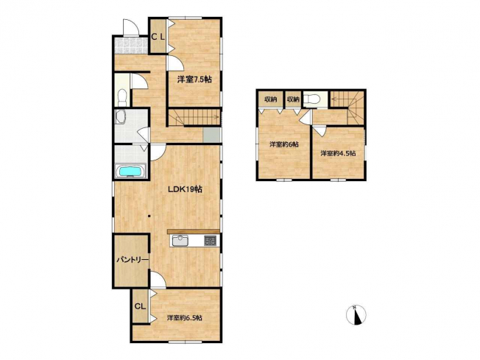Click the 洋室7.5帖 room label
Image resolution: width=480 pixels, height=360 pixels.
[x=194, y=80]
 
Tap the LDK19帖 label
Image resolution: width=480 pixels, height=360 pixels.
[x=185, y=189]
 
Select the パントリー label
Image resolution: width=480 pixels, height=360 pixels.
[x=133, y=260]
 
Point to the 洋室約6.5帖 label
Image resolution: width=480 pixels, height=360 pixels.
[x=184, y=318]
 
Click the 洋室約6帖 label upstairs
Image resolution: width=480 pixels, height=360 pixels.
[x=283, y=144]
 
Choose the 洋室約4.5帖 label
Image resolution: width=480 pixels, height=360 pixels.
[x=338, y=153]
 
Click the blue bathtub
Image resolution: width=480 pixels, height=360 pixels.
[x=131, y=171]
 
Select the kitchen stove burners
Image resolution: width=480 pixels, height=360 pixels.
[x=210, y=240]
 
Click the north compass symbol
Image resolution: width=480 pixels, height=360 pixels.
[x=356, y=314]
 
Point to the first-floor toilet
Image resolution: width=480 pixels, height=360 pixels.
[x=121, y=96]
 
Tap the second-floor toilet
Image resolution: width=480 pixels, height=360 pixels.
[x=314, y=99]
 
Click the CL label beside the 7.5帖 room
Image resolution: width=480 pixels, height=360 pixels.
[x=158, y=37]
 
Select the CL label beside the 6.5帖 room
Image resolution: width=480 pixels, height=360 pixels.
[x=140, y=306]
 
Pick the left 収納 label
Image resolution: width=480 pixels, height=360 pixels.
[x=271, y=99]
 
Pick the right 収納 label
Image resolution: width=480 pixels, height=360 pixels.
[x=293, y=99]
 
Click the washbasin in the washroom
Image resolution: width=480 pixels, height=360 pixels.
[x=120, y=116]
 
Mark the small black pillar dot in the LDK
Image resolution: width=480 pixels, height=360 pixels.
[x=149, y=216]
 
